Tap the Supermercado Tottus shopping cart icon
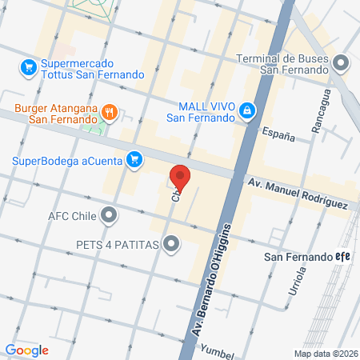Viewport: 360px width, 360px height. pos(28,66)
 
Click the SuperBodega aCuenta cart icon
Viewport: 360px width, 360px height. pos(135,160)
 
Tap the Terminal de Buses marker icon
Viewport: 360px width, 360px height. pos(342,62)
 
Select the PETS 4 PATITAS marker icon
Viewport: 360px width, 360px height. pos(170,245)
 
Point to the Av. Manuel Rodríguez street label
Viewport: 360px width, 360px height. pos(296,194)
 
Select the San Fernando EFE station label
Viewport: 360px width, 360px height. pos(308,257)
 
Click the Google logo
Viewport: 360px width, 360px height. pos(26,350)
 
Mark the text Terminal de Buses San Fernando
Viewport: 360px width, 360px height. pos(284,63)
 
